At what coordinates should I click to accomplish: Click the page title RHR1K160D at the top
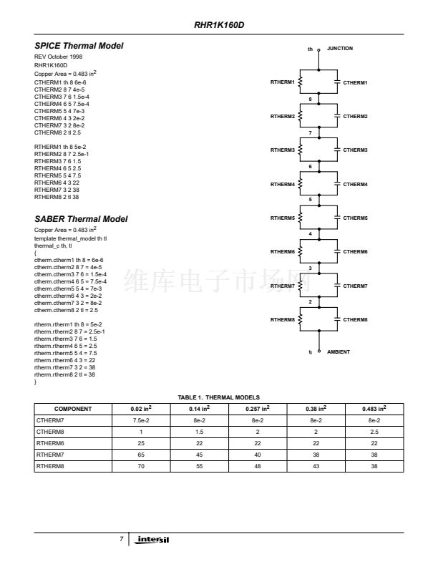(219, 24)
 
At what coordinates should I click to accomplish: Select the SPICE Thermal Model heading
(79, 46)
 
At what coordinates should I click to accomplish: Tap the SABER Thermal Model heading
(81, 218)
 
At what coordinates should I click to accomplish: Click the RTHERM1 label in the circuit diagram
(282, 82)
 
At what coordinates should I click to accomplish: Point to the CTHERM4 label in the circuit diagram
(355, 184)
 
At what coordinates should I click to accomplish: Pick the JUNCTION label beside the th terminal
(340, 48)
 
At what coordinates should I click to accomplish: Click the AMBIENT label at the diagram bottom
(339, 352)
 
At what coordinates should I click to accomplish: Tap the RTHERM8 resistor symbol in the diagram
(301, 319)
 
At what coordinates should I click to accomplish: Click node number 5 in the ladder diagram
(310, 200)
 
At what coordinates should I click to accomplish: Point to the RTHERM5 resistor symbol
(301, 218)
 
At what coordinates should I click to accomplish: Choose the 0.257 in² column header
(258, 409)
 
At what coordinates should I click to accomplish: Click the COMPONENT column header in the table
(73, 409)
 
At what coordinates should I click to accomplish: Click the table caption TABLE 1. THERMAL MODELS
(219, 397)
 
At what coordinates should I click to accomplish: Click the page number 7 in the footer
(122, 538)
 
